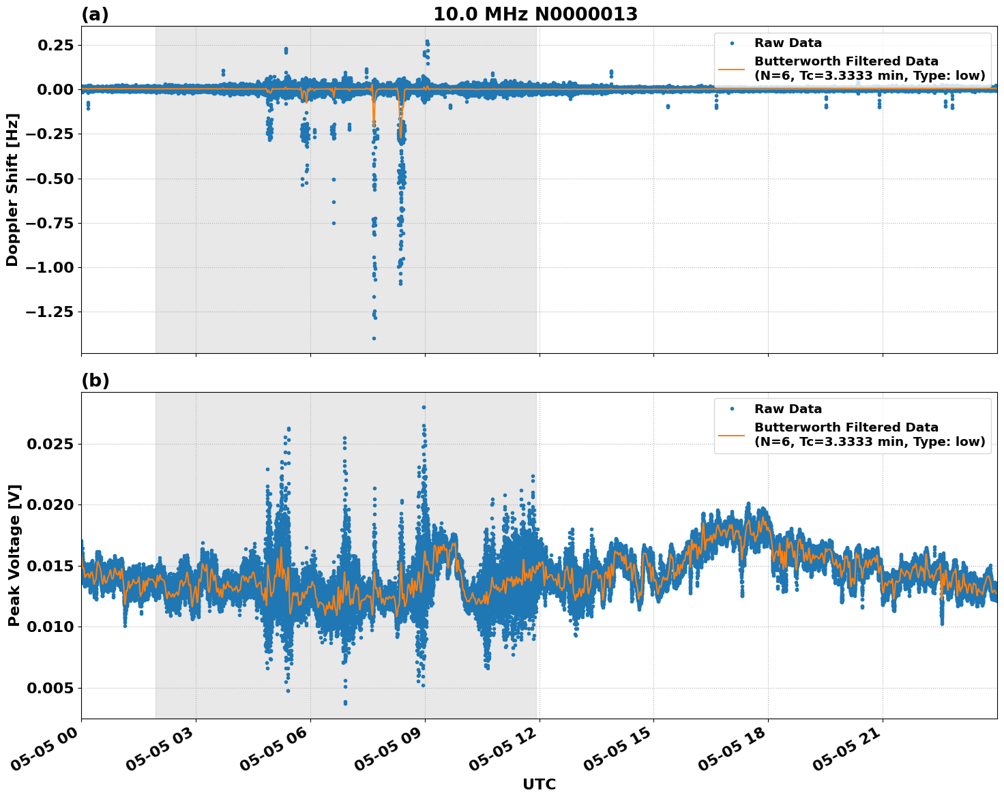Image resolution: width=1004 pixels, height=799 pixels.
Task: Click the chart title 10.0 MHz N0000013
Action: [535, 14]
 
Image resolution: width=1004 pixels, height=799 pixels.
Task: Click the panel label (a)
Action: [95, 14]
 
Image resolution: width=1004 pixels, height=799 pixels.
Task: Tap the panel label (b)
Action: [95, 380]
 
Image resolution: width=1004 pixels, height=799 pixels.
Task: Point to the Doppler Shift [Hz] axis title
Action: [12, 190]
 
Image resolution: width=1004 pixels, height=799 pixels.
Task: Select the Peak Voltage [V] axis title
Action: [14, 555]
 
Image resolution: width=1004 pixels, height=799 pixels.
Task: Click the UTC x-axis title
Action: [539, 784]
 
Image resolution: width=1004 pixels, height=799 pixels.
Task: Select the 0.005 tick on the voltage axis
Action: [50, 688]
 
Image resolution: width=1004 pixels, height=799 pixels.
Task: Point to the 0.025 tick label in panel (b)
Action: [50, 444]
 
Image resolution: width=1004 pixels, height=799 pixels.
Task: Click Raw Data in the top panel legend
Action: [788, 43]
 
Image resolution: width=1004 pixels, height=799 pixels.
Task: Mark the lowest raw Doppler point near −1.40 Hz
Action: [374, 338]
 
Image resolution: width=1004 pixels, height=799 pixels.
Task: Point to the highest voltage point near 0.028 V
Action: [424, 407]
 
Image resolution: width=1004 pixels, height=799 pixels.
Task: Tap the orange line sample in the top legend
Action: [731, 68]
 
